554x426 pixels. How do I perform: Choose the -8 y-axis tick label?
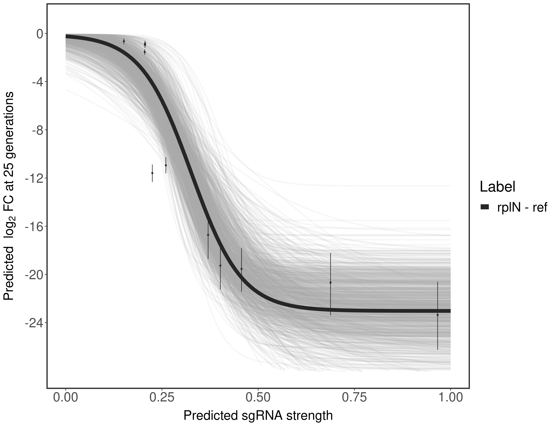tap(37, 130)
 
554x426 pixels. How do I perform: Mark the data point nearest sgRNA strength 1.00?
tap(438, 315)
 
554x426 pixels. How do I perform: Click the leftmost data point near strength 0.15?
tap(124, 41)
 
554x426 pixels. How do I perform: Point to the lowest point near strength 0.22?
tap(152, 173)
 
